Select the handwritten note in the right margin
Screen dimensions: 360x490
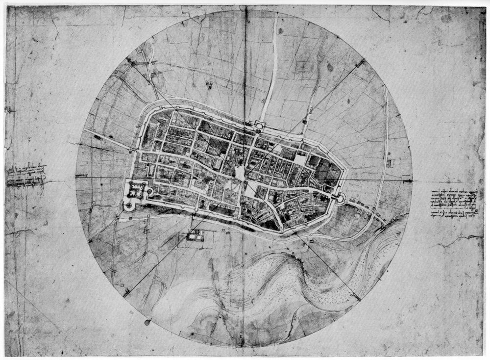tap(453, 204)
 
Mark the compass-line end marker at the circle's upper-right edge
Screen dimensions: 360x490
tap(363, 62)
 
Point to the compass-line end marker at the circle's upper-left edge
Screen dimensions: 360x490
tap(128, 60)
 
